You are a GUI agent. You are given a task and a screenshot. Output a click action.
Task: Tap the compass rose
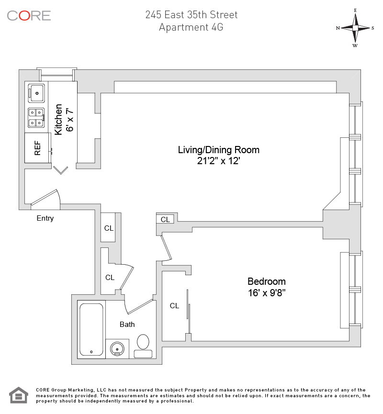355,28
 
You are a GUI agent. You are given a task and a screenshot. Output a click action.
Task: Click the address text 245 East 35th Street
191,14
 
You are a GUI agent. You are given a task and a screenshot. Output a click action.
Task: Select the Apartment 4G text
191,27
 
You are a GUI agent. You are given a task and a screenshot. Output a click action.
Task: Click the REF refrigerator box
37,148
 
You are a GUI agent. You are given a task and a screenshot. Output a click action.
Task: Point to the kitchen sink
37,92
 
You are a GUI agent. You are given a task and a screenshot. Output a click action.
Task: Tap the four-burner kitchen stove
37,117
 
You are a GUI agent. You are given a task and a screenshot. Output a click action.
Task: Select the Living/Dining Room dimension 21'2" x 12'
218,162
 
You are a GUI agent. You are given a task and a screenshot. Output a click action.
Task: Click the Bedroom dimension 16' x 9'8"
267,291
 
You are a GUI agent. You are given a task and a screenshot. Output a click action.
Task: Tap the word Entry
45,218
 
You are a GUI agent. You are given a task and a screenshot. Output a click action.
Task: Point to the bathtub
91,329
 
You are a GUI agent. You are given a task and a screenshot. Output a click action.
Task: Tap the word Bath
127,324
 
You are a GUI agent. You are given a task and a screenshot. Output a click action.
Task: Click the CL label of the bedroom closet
174,305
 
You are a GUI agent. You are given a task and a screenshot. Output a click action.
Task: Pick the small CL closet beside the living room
165,219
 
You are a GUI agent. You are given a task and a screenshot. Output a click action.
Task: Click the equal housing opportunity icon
19,395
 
